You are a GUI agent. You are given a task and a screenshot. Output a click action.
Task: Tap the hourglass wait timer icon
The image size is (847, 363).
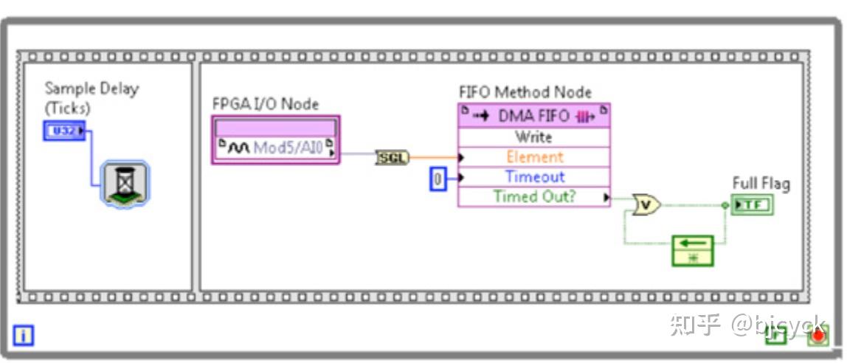point(124,183)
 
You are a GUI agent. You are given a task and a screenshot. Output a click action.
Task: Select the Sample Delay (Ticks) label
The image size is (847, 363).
point(91,97)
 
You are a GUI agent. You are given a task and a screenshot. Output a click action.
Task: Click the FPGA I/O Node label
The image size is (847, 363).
point(265,104)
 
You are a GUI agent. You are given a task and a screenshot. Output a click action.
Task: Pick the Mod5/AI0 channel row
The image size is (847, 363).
point(275,148)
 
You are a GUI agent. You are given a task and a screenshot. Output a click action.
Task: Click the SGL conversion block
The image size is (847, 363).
point(392,156)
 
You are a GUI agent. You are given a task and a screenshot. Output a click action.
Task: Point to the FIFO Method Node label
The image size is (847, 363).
point(525,92)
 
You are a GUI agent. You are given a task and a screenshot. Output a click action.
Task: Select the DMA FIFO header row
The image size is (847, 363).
point(534,116)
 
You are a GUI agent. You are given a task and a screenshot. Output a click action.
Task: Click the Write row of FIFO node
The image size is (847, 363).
point(534,137)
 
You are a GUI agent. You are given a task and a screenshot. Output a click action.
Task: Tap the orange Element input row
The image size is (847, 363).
point(534,157)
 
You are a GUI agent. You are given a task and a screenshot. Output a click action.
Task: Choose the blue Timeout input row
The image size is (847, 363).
point(534,177)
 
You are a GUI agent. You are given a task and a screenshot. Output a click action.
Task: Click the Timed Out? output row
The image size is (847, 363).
point(534,196)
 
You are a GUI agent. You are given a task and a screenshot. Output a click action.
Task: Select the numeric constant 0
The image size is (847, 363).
point(438,179)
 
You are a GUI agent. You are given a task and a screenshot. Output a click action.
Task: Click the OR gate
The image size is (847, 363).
point(647,205)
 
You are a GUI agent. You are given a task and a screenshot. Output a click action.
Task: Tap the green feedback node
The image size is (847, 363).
point(693,250)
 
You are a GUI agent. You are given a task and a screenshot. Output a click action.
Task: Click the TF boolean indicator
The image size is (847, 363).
point(752,204)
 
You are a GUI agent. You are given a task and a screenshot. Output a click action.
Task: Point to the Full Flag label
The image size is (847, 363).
point(760,184)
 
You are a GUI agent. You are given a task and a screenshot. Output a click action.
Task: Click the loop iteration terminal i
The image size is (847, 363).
point(24,336)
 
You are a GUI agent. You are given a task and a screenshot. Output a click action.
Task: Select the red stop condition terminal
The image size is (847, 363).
point(817,336)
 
